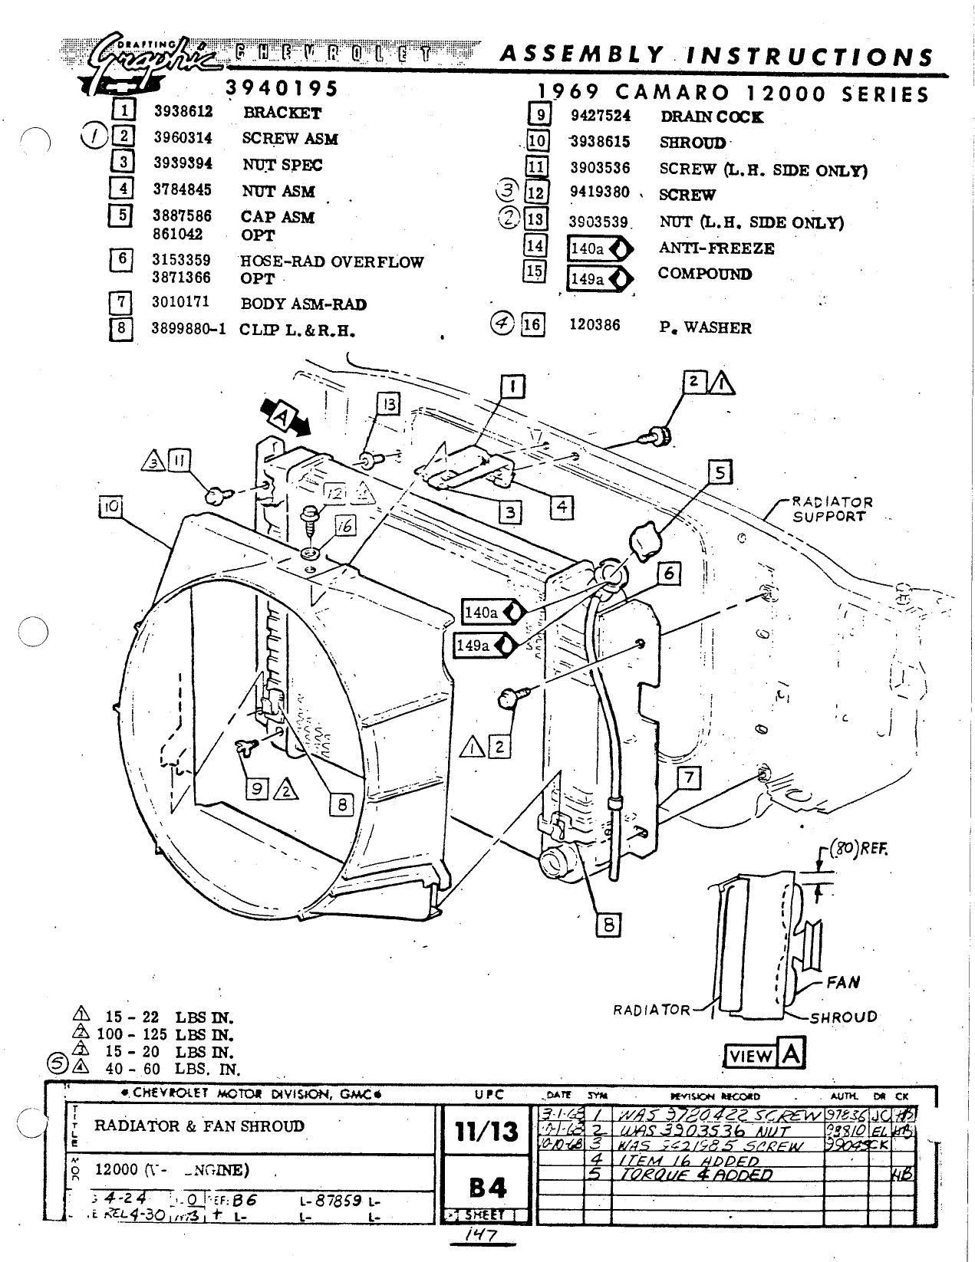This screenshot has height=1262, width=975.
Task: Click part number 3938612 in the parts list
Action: tap(183, 112)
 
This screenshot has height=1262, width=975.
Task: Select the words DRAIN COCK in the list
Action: tap(711, 117)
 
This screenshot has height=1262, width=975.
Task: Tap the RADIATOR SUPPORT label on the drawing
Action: tap(832, 510)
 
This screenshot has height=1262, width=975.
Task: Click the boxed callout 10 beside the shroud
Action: tap(110, 507)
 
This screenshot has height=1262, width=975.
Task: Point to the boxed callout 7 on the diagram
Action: tap(689, 778)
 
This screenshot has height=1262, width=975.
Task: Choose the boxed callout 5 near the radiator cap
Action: tap(720, 472)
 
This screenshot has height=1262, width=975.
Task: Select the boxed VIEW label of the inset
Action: tap(750, 1056)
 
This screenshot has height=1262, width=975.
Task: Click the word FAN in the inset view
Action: tap(843, 982)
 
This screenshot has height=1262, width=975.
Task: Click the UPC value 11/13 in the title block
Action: tap(486, 1131)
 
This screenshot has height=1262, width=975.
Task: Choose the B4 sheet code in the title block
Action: tap(486, 1188)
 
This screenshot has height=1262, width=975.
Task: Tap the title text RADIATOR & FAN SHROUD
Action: tap(199, 1126)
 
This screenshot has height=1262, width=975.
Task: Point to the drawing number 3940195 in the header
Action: tap(282, 88)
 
